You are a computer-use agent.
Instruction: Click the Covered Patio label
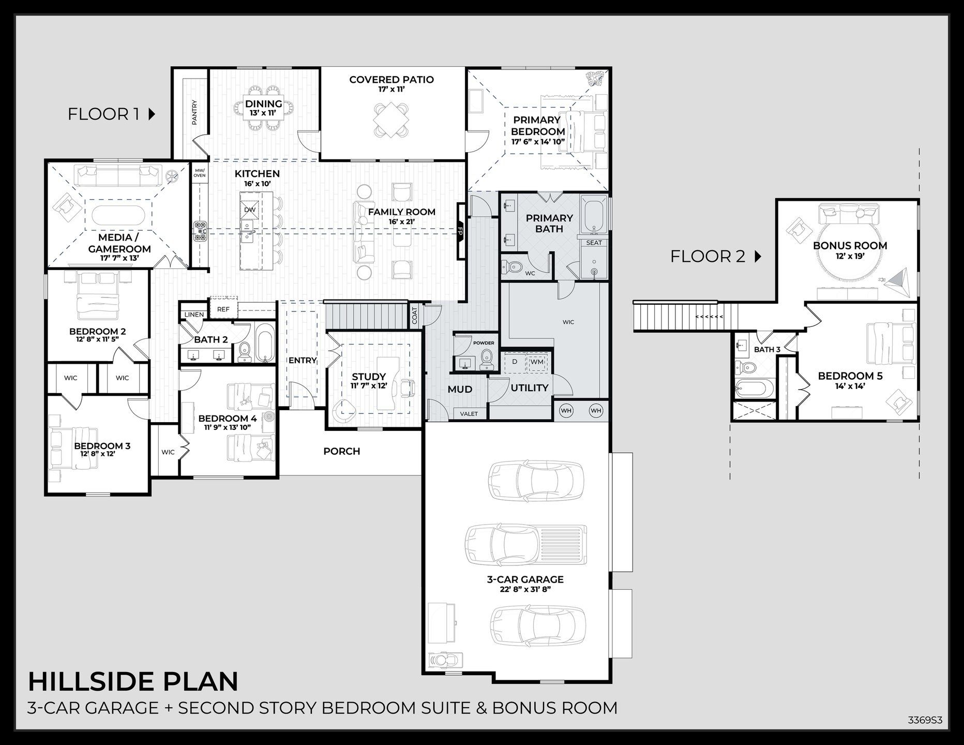391,80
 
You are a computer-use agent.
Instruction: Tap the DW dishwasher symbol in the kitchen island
250,210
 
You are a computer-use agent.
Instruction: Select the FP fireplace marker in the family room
460,231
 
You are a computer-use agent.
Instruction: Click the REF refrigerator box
223,309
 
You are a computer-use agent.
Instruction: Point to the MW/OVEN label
200,173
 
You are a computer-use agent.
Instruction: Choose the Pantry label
195,112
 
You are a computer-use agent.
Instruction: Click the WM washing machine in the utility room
537,362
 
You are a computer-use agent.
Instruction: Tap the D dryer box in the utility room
515,362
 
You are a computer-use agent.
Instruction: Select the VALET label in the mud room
469,413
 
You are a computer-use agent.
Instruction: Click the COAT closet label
415,316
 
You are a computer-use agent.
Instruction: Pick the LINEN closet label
194,315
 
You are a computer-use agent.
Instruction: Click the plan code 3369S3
925,720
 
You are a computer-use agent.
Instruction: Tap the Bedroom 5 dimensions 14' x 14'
850,385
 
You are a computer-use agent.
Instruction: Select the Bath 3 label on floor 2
767,350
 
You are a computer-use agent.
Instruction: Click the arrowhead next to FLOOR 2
758,256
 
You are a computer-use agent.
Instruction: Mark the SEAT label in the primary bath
594,243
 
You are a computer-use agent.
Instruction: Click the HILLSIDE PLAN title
133,681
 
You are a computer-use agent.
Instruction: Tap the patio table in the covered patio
391,119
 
